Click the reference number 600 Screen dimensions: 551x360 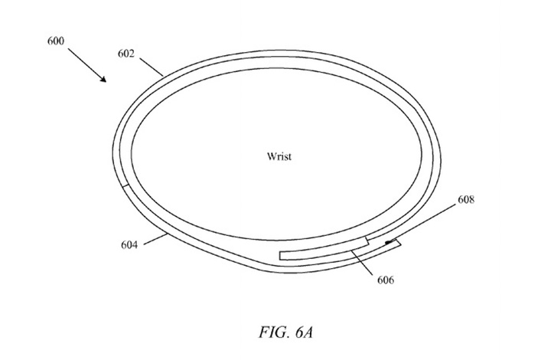[x=56, y=41]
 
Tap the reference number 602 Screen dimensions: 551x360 [x=126, y=54]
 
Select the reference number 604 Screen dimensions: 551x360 [x=129, y=244]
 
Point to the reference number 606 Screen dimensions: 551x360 [x=386, y=280]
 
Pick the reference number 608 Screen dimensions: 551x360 [x=466, y=199]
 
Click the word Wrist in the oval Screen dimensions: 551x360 [x=279, y=156]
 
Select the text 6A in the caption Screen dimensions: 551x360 [x=304, y=332]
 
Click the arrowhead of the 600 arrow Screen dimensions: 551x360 [x=103, y=78]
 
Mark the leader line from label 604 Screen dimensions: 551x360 [x=155, y=239]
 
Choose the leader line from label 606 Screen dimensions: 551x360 [x=363, y=262]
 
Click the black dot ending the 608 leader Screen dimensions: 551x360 [x=387, y=242]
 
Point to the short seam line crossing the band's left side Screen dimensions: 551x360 [x=125, y=185]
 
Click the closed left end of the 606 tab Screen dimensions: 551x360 [x=280, y=256]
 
